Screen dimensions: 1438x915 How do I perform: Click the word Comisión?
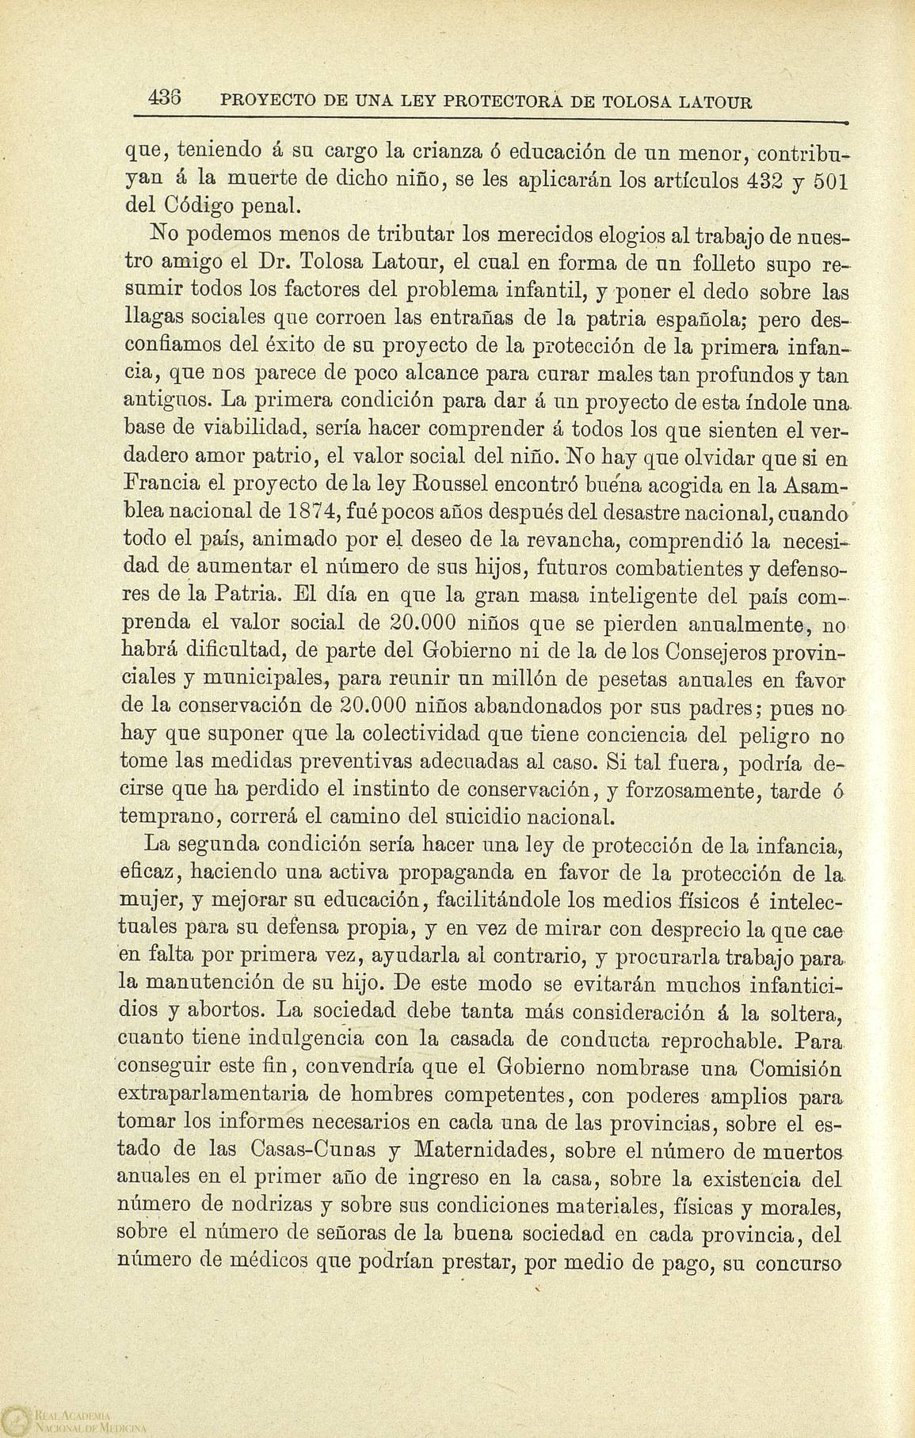coord(795,1068)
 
